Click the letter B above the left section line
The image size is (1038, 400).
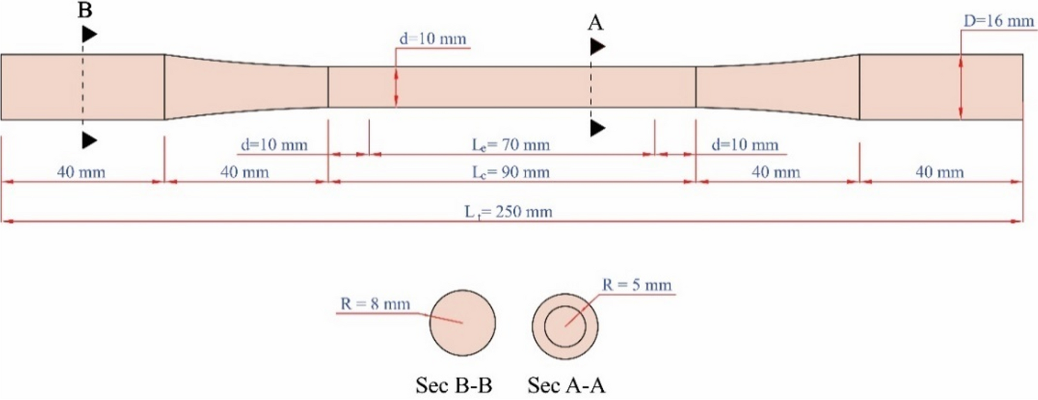pos(85,10)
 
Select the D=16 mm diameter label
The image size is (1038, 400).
pos(998,21)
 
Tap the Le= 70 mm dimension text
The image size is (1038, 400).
pos(510,145)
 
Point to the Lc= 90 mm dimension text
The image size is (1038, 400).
pos(510,172)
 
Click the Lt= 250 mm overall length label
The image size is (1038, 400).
pos(508,212)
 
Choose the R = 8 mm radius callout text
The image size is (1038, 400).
pos(375,304)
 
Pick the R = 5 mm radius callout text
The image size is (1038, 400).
pos(637,285)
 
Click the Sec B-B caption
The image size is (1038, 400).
pos(454,385)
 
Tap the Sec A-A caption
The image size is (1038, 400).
pos(566,385)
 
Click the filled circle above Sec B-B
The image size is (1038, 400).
pos(462,323)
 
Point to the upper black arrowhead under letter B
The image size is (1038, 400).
pos(89,35)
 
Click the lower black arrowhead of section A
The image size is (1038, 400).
pos(597,128)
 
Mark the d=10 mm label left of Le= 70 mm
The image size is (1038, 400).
pos(273,145)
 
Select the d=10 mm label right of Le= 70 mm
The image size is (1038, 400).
pos(745,145)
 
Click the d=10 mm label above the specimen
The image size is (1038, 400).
pos(432,39)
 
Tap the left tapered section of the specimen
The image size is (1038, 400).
pos(245,87)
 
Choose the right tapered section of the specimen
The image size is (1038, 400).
pos(777,87)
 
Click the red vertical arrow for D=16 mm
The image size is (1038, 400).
pos(961,87)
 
